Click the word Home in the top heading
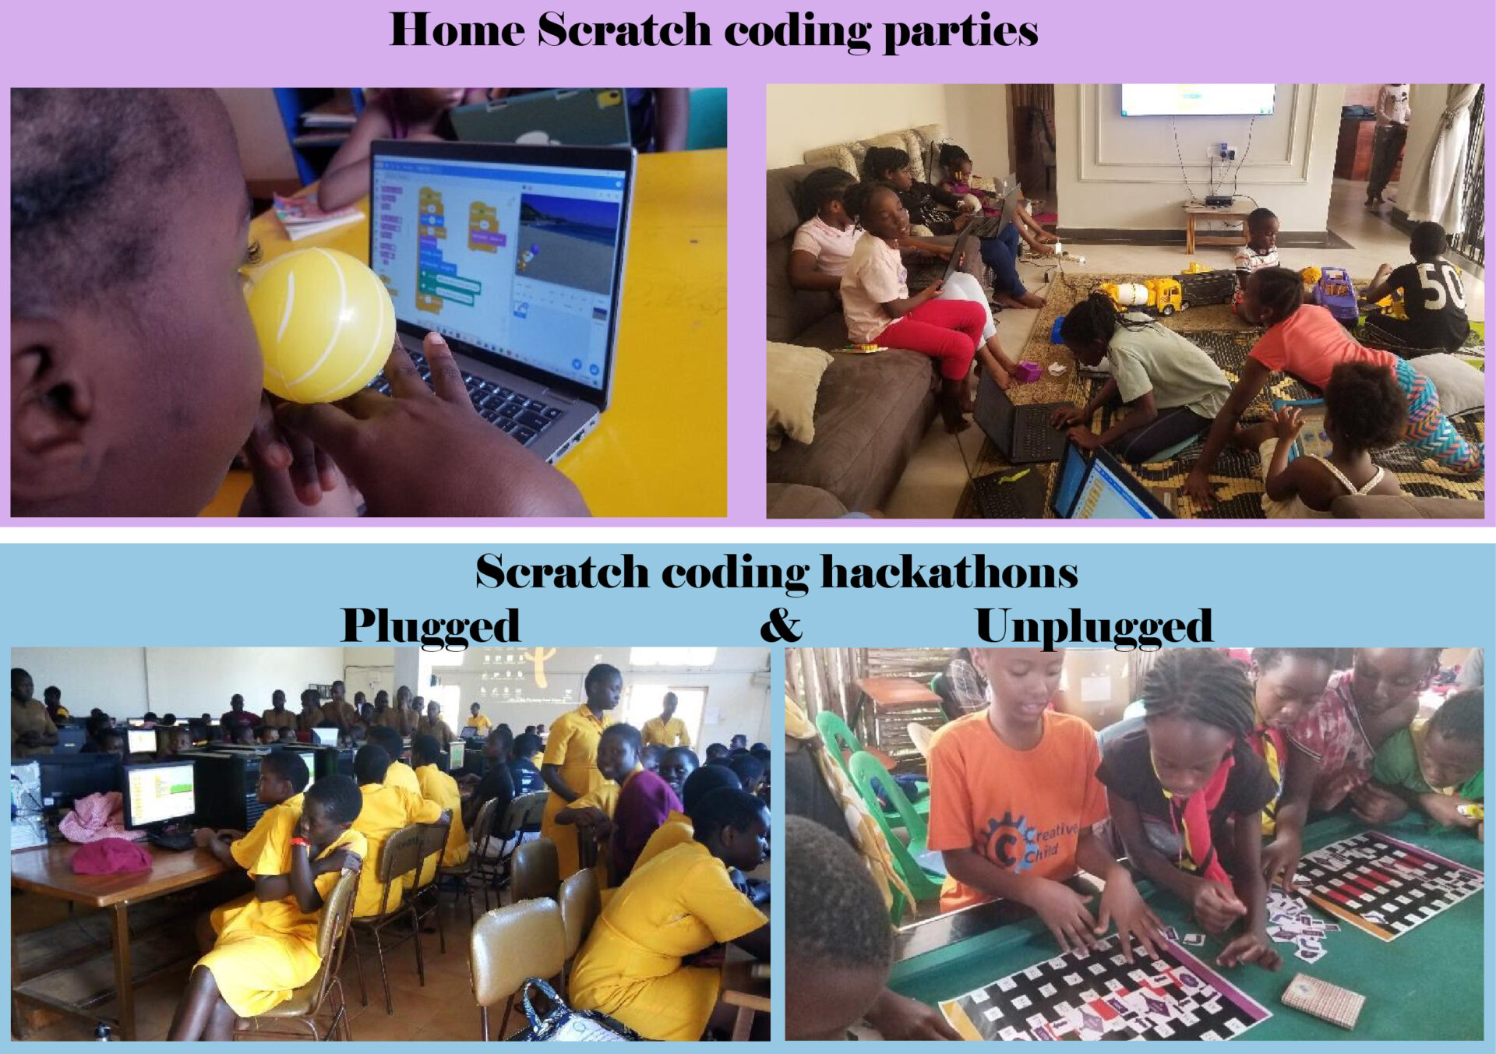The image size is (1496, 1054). tap(457, 31)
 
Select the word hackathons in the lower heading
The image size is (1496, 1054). tap(949, 573)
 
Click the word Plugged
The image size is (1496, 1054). tap(430, 626)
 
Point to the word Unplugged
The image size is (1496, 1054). tap(1093, 626)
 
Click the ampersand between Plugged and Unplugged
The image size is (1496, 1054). tap(780, 625)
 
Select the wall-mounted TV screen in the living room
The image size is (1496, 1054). tap(1198, 100)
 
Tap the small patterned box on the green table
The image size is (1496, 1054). tap(1322, 999)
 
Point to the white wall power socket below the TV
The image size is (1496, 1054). tap(1222, 151)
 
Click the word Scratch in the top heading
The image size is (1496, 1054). tap(624, 31)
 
